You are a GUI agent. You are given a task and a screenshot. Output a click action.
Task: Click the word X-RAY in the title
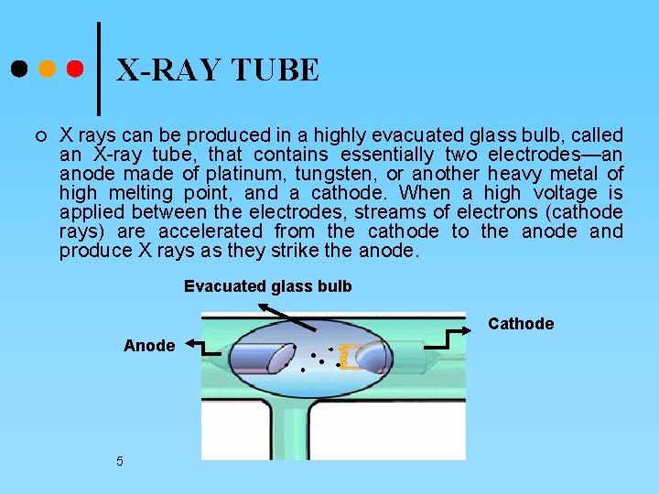click(168, 70)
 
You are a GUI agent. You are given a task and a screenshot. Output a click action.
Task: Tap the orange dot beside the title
click(47, 69)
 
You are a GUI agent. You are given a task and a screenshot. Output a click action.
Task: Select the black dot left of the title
click(18, 69)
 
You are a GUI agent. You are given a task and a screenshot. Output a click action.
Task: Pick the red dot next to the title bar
click(75, 69)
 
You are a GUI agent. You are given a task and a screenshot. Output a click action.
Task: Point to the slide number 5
click(120, 461)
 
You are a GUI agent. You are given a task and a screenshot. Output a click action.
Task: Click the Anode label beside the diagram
click(149, 346)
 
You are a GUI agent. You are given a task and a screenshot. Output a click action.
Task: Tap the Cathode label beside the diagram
click(521, 324)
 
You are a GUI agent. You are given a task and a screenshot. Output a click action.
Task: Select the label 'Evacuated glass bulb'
click(267, 286)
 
